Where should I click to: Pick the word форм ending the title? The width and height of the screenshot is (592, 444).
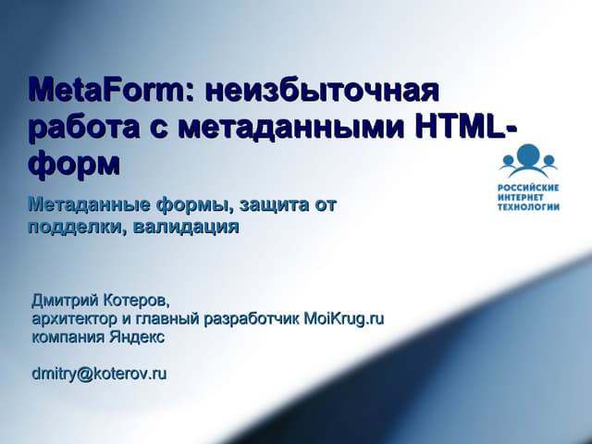75,163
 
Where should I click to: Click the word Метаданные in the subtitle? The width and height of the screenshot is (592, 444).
85,204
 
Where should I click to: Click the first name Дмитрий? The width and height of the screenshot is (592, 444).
66,301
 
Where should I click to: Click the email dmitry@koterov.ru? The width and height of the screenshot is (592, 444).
99,374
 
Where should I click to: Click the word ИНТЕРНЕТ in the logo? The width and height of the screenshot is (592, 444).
526,196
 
